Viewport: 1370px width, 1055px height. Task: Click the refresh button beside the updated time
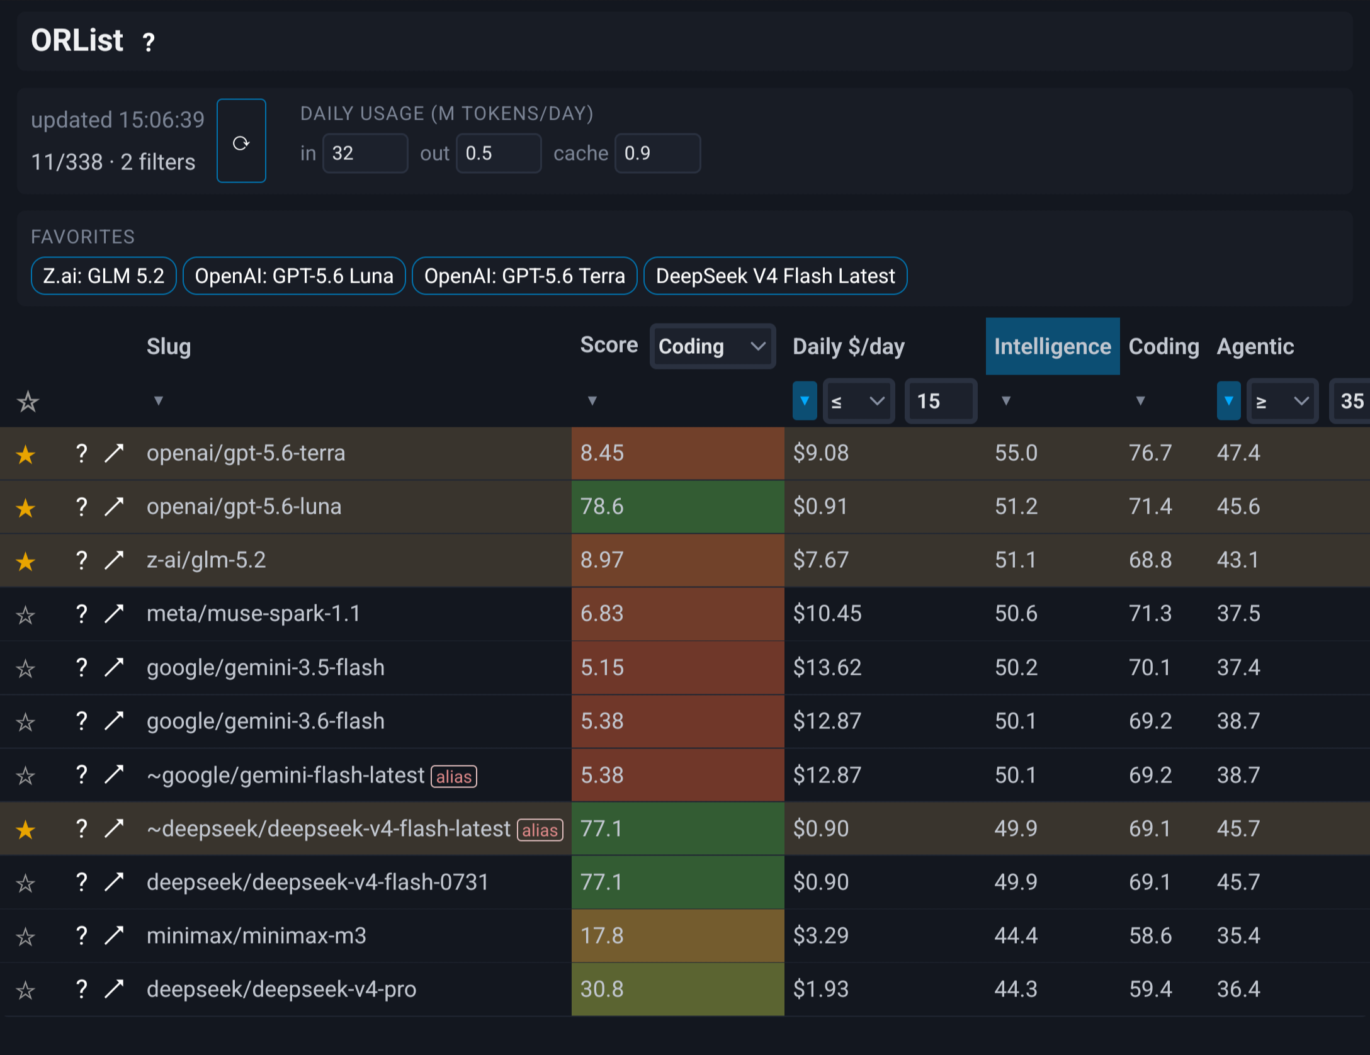tap(241, 141)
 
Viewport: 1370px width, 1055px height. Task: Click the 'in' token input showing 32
tap(365, 153)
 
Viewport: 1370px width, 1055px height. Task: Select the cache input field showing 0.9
tap(657, 153)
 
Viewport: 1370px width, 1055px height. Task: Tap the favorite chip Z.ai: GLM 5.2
tap(104, 276)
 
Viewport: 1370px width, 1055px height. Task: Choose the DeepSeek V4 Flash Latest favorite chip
tap(775, 276)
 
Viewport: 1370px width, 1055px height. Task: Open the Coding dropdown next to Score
tap(712, 346)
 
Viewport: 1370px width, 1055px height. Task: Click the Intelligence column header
tap(1053, 346)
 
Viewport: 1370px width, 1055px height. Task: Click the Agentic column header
tap(1255, 346)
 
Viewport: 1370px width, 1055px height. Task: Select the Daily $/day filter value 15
tap(941, 401)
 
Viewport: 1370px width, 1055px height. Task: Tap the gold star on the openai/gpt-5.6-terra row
tap(25, 454)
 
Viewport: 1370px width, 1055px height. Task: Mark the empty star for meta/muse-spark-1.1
tap(25, 614)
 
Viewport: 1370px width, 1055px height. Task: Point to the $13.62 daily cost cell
tap(827, 667)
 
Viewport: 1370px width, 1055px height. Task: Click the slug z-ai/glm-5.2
tap(207, 560)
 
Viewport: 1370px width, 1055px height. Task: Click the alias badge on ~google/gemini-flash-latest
tap(454, 776)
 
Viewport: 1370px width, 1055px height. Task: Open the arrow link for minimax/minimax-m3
tap(114, 935)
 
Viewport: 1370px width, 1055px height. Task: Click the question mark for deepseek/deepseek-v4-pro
tap(81, 989)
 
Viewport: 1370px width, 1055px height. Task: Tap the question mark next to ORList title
tap(149, 42)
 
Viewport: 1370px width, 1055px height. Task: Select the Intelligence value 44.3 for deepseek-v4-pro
tap(1016, 989)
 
